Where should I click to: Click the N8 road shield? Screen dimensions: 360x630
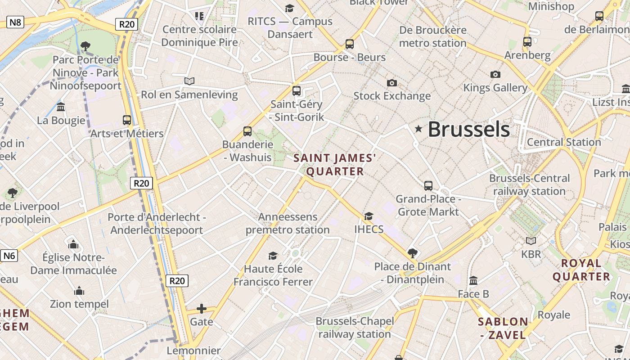click(x=15, y=22)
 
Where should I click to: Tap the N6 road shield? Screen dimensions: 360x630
click(x=9, y=256)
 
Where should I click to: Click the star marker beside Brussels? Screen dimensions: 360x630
click(x=418, y=129)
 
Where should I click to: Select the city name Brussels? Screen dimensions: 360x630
click(x=468, y=129)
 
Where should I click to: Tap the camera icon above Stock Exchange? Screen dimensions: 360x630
click(x=392, y=83)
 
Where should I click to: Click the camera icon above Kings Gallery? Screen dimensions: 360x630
click(x=495, y=74)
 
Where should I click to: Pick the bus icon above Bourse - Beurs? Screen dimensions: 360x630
click(x=350, y=44)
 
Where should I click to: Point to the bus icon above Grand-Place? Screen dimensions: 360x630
click(x=428, y=185)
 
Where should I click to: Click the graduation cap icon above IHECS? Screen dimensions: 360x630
click(x=369, y=216)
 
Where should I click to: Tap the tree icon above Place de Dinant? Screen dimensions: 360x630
click(x=412, y=253)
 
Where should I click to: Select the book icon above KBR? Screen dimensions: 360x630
click(x=531, y=241)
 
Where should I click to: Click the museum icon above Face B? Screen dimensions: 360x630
click(x=473, y=281)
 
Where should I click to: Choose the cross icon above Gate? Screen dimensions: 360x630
click(x=202, y=309)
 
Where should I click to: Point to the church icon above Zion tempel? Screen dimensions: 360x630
click(x=80, y=291)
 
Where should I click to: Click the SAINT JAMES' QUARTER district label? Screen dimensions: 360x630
click(x=335, y=165)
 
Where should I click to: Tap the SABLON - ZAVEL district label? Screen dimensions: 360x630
click(x=503, y=328)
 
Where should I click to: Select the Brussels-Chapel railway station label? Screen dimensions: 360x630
click(x=355, y=328)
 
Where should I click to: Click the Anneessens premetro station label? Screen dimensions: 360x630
click(x=294, y=223)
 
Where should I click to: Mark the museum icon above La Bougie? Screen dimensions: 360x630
click(x=61, y=107)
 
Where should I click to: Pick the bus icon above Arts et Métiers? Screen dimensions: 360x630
click(x=127, y=120)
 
